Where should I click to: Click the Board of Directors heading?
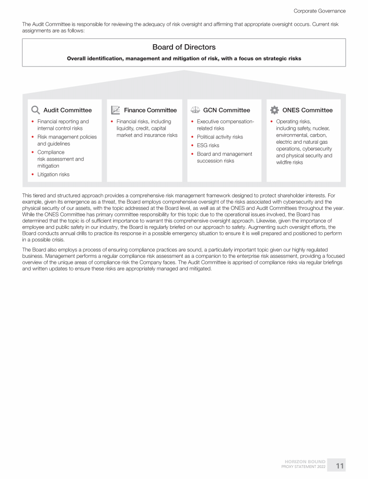tap(184, 47)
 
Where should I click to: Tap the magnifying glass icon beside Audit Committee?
tap(35, 110)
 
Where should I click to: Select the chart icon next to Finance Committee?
tap(115, 110)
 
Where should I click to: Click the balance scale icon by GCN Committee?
tap(195, 110)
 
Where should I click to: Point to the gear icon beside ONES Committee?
tap(275, 110)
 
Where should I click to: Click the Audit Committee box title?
tap(68, 110)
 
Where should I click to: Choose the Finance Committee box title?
tap(150, 110)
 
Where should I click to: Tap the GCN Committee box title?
tap(227, 110)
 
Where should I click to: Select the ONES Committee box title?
tap(307, 110)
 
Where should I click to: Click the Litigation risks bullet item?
tap(53, 174)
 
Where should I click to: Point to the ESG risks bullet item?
tap(208, 145)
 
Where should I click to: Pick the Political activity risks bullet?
tap(220, 137)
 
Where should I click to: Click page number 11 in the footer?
tap(340, 466)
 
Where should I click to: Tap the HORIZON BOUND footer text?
tap(305, 462)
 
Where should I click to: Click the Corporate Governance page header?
tap(319, 11)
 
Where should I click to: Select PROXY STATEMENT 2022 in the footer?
tap(303, 467)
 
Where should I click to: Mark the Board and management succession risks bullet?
tap(224, 157)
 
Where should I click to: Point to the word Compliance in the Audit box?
tap(51, 152)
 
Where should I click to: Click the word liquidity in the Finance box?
tap(127, 128)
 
